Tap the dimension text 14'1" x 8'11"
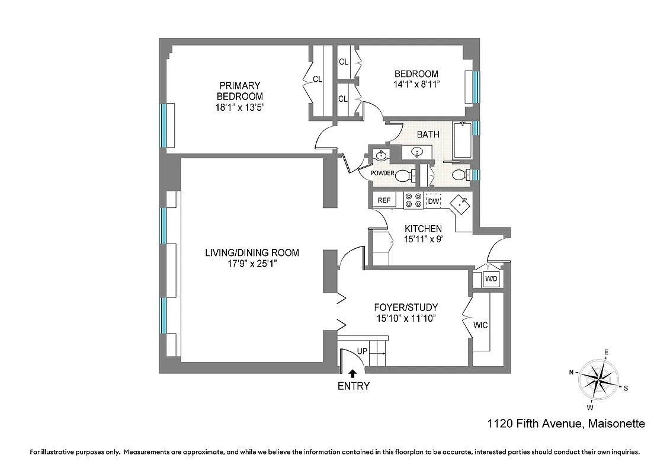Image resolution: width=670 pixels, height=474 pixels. tap(416, 85)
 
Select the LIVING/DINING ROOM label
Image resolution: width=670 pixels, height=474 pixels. tap(252, 252)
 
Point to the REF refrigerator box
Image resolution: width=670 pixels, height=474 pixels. tap(384, 200)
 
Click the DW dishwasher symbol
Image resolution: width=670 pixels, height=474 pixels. tap(434, 201)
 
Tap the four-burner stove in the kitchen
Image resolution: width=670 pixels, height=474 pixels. tap(412, 201)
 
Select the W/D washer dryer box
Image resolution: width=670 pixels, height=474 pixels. tap(491, 278)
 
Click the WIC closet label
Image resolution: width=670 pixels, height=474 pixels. tap(480, 325)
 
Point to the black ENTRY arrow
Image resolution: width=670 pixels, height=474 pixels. tap(353, 373)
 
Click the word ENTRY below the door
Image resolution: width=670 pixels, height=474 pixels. tap(354, 386)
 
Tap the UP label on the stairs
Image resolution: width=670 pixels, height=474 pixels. tap(362, 351)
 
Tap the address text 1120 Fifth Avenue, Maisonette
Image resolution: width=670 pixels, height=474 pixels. tap(566, 424)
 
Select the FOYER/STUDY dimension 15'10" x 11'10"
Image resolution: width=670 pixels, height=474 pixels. tap(406, 319)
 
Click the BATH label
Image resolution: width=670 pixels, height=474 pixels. tap(428, 134)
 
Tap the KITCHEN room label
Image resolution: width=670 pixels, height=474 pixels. tap(423, 229)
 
